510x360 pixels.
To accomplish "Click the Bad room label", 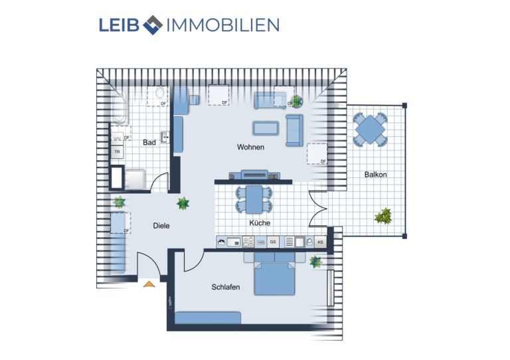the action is tap(149, 142).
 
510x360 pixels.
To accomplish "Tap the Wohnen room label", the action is tap(250, 147).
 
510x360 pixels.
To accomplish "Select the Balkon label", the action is tap(376, 175).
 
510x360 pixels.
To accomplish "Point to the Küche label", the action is tap(260, 223).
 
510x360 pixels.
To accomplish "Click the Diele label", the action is tap(161, 226).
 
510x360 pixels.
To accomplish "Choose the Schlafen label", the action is tap(226, 287).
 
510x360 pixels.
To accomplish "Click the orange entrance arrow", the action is tap(149, 284).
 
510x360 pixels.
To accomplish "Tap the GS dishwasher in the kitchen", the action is tap(273, 242).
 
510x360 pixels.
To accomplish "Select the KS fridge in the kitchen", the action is tap(320, 242).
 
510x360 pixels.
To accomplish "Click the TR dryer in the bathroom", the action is tap(117, 152).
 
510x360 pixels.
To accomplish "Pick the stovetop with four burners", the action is tap(248, 242).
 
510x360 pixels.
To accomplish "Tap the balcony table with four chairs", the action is tap(370, 130).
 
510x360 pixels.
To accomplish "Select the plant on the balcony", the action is tap(383, 216).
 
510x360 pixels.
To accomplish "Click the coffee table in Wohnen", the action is tap(266, 128).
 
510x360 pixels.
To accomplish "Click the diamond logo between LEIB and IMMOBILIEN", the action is tap(153, 25).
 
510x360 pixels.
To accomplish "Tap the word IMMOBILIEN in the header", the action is tap(223, 25).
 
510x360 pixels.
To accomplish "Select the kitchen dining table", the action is tap(254, 199).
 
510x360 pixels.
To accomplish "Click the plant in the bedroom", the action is tap(315, 262).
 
